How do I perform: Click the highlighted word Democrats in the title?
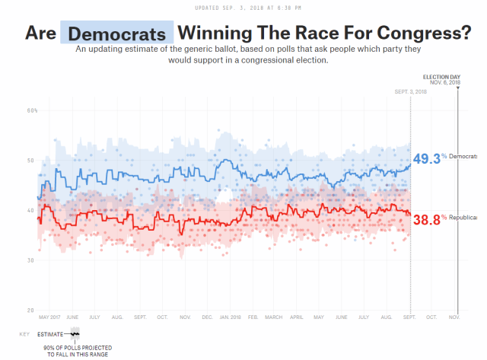click(x=116, y=33)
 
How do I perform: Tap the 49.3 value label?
click(x=426, y=158)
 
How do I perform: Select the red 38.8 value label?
click(x=426, y=220)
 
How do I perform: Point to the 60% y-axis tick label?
click(x=32, y=110)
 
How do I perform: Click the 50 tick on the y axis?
click(x=32, y=161)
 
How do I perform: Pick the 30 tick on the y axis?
click(x=32, y=260)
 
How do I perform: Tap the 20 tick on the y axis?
click(x=32, y=311)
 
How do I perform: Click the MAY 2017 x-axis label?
click(x=50, y=317)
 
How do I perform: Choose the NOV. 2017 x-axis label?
click(x=184, y=317)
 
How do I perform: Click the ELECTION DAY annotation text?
click(x=441, y=78)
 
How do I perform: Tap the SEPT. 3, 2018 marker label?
click(x=410, y=91)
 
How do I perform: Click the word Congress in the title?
click(x=421, y=33)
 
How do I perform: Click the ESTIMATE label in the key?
click(x=52, y=333)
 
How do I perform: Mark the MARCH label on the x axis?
click(x=274, y=317)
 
